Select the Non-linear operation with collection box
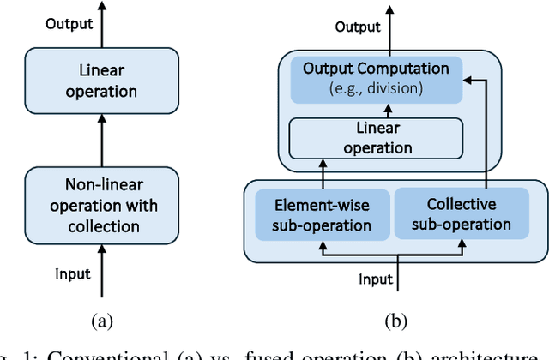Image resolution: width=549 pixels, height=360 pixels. [102, 206]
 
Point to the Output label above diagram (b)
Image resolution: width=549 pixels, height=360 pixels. [358, 27]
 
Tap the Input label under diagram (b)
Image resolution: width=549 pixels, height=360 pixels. [376, 279]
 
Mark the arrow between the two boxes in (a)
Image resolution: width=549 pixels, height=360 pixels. [102, 141]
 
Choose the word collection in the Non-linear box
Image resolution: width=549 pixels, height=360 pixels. [102, 226]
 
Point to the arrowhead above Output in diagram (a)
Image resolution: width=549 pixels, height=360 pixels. [102, 7]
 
